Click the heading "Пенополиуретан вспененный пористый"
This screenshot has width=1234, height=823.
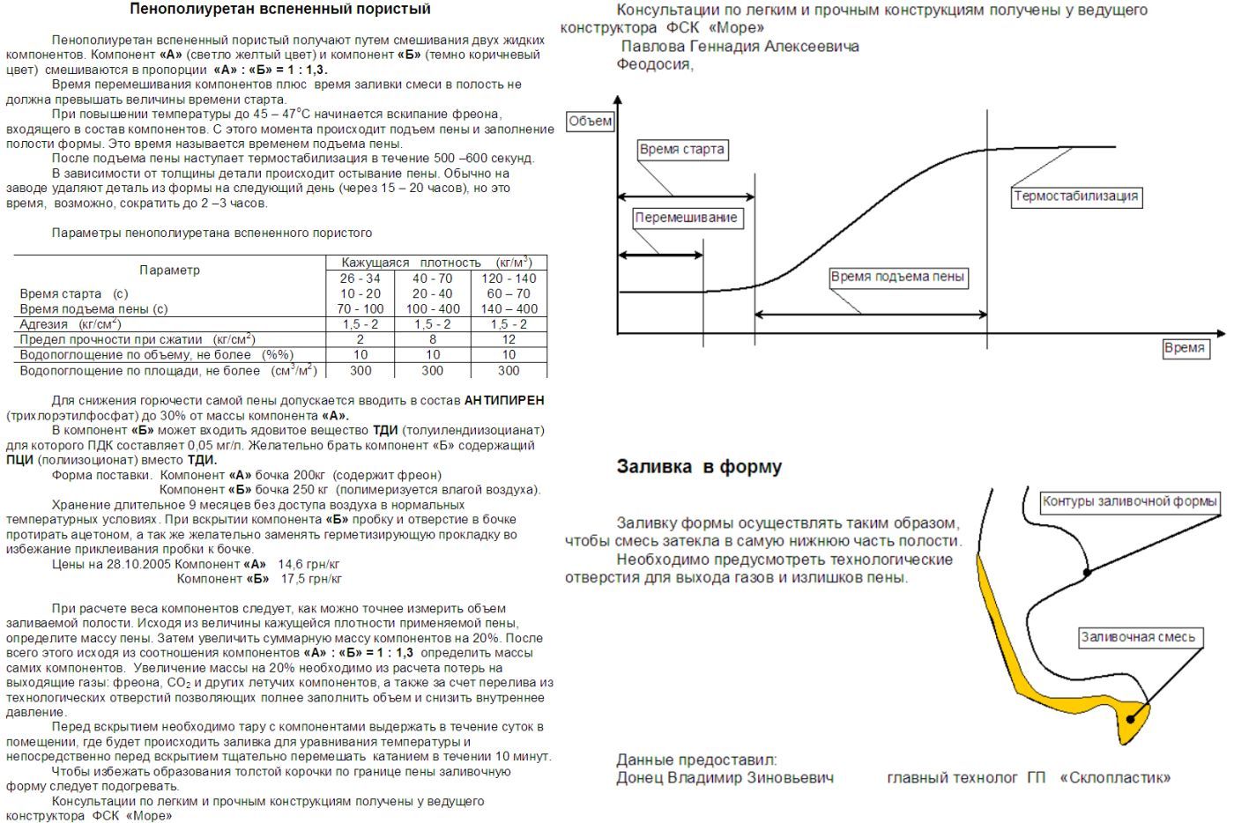(280, 10)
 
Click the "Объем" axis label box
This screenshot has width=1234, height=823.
(590, 121)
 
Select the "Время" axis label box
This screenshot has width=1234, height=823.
(1184, 348)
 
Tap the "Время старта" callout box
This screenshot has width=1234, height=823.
(681, 150)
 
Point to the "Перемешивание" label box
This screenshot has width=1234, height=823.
(686, 218)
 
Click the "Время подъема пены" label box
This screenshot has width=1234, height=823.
(897, 278)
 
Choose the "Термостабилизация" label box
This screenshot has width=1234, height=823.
(1075, 196)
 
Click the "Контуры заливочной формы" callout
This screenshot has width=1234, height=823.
(1130, 502)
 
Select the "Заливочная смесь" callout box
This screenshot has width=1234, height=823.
(1138, 637)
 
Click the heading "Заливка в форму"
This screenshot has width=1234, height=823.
(699, 467)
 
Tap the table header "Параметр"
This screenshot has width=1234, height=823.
(169, 270)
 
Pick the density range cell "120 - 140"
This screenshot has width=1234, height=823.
(509, 278)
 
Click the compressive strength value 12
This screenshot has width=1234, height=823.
(509, 339)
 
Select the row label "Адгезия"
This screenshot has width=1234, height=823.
(44, 324)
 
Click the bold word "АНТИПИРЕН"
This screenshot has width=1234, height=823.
(503, 400)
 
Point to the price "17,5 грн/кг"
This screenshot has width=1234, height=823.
(311, 579)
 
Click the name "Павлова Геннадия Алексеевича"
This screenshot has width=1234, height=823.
(740, 46)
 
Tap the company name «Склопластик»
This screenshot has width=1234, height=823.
(1115, 778)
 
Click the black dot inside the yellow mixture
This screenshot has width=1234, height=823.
(1131, 719)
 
